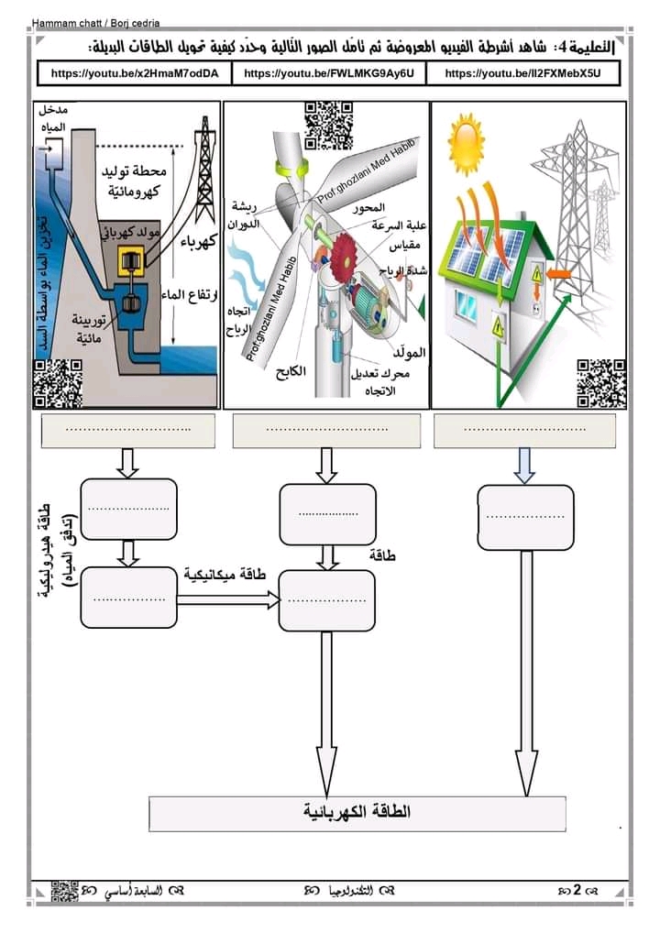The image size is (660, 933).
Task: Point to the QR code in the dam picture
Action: [x=58, y=384]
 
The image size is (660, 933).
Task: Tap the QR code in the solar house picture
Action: [x=601, y=383]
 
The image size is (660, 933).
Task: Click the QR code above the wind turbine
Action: [x=328, y=124]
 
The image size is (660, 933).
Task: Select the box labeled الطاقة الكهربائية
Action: [x=357, y=813]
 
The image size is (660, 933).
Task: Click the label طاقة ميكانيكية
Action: [x=225, y=575]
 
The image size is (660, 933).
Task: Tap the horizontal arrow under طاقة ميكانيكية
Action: [x=227, y=599]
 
